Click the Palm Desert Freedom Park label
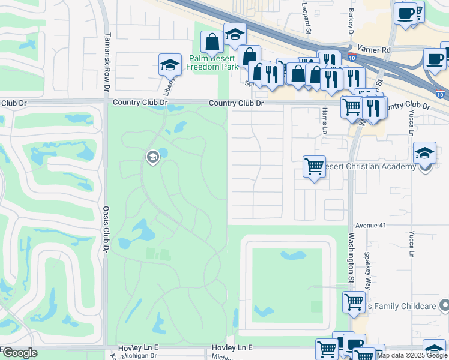[212, 62]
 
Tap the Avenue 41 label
[369, 225]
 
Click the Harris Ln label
[324, 122]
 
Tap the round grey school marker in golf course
[152, 157]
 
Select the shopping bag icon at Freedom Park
[212, 43]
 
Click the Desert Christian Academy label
[369, 166]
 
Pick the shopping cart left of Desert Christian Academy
[314, 166]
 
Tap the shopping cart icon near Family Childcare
[354, 302]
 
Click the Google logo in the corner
[19, 353]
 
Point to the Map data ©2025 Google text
[412, 355]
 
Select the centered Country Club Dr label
[236, 103]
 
